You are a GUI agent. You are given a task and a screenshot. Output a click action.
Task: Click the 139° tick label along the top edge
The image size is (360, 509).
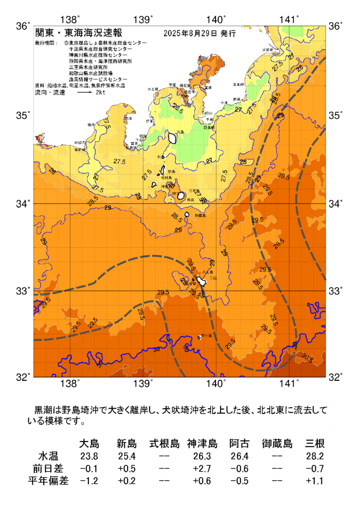(143, 20)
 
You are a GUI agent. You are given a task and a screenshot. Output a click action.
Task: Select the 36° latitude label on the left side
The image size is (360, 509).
(23, 25)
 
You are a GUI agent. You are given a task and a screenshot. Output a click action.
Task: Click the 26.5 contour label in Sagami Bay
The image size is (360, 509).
(178, 109)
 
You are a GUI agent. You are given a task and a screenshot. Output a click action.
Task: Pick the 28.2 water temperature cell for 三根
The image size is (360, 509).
(314, 457)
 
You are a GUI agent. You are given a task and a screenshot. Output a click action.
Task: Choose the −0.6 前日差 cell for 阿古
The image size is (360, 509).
(240, 468)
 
